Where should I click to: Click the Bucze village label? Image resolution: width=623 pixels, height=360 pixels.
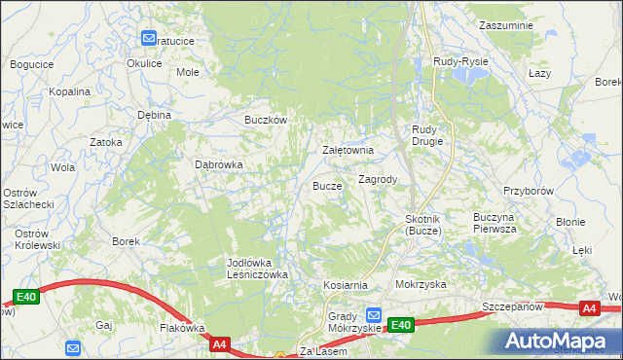[326, 185]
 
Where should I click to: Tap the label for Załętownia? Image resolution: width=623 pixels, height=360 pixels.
[348, 151]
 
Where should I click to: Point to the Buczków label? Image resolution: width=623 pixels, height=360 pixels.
[265, 120]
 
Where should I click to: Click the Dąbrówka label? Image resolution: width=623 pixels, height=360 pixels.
[219, 164]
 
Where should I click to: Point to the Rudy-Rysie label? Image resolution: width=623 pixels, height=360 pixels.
[460, 61]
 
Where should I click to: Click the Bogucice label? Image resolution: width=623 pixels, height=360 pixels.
[31, 64]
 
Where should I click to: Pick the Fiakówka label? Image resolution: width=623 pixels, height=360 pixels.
[180, 328]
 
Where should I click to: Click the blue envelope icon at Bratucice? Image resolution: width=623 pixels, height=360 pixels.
[149, 40]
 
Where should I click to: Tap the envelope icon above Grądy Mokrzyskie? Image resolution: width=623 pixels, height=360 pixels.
[374, 315]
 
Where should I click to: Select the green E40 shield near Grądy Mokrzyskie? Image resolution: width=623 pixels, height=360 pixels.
[402, 325]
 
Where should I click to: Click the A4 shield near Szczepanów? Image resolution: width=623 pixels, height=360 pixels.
[588, 308]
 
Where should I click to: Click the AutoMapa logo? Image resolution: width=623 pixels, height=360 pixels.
[559, 341]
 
